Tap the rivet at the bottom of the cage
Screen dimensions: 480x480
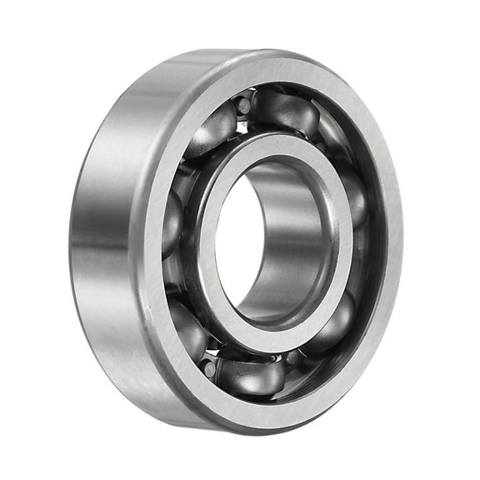(x=209, y=367)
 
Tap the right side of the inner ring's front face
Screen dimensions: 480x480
(x=345, y=250)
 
